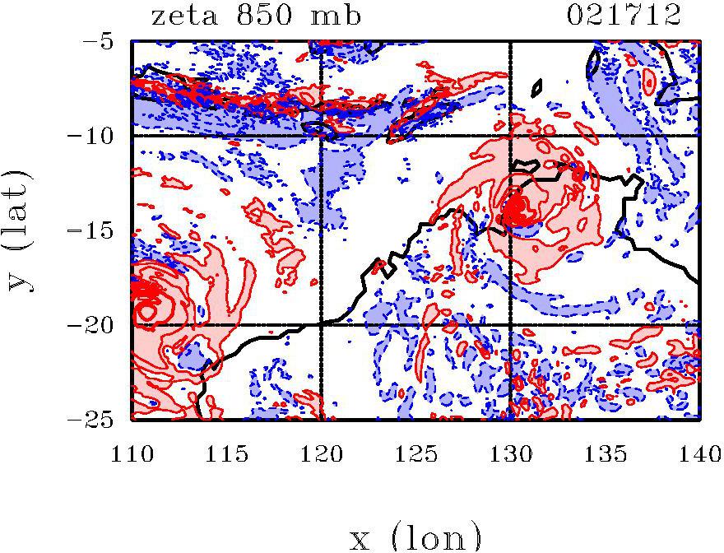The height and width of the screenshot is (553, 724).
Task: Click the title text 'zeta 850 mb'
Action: pyautogui.click(x=256, y=16)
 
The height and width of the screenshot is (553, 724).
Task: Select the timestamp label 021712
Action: pyautogui.click(x=624, y=16)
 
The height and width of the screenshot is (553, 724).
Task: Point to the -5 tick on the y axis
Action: pyautogui.click(x=104, y=40)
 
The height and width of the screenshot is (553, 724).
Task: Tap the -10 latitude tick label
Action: pyautogui.click(x=97, y=135)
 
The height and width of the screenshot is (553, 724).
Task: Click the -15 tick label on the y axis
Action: pyautogui.click(x=97, y=230)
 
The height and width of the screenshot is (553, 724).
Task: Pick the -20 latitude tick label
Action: pyautogui.click(x=97, y=325)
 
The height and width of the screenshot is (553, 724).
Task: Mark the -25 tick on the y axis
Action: pyautogui.click(x=97, y=420)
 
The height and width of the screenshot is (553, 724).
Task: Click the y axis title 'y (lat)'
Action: pyautogui.click(x=22, y=230)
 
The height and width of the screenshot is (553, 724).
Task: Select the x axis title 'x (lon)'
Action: pyautogui.click(x=415, y=537)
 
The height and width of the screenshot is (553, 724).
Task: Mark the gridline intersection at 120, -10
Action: pyautogui.click(x=320, y=135)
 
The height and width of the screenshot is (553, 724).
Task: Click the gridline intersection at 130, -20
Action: pyautogui.click(x=510, y=325)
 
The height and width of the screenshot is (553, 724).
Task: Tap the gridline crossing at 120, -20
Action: pyautogui.click(x=320, y=325)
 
